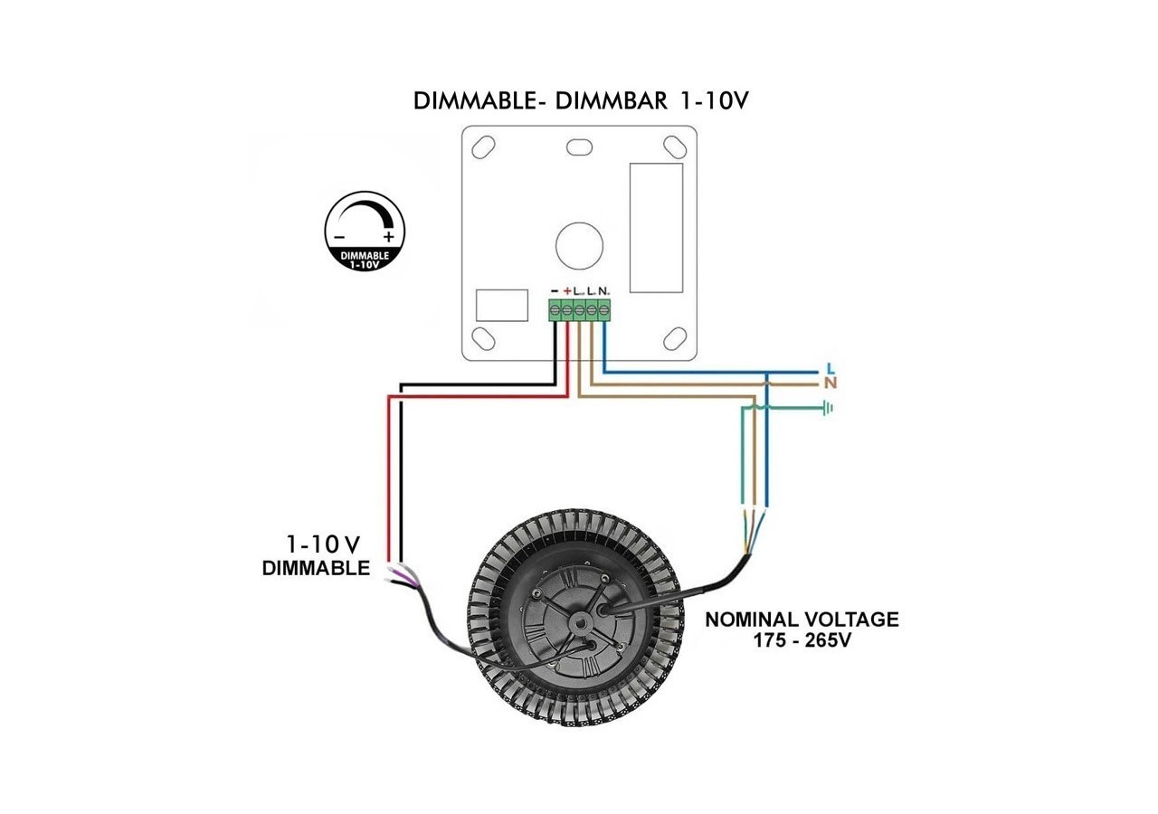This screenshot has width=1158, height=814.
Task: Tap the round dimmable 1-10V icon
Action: click(365, 232)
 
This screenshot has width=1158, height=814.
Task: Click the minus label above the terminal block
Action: click(555, 290)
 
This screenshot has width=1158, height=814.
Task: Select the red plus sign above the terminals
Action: click(567, 290)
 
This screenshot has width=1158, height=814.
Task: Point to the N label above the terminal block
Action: click(603, 290)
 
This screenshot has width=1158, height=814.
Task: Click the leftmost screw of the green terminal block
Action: click(555, 311)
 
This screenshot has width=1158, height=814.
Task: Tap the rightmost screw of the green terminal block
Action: click(603, 311)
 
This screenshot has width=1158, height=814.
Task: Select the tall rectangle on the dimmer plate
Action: click(656, 227)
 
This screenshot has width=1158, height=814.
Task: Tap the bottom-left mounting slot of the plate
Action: click(483, 339)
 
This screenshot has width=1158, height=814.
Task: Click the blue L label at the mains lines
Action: click(831, 369)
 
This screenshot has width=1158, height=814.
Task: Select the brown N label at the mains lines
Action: click(831, 383)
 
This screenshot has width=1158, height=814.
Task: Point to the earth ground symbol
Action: click(826, 409)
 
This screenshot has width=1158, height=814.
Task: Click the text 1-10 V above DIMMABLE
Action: click(323, 544)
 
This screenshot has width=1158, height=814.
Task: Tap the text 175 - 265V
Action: click(802, 640)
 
